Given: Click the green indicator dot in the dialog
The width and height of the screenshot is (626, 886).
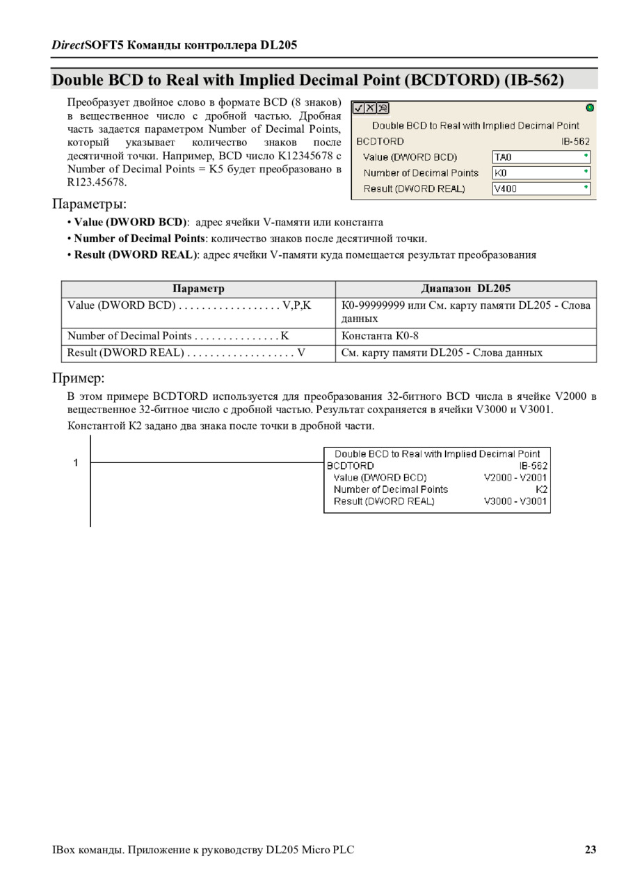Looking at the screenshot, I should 590,108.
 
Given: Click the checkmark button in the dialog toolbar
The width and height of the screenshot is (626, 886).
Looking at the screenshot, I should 358,108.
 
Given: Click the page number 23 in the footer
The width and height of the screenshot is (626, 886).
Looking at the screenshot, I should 591,849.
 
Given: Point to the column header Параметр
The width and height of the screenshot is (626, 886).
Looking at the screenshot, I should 198,289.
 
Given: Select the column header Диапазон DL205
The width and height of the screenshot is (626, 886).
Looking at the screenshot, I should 465,289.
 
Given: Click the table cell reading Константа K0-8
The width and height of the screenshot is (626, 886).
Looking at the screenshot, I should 380,336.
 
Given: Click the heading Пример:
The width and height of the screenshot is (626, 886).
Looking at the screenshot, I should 78,378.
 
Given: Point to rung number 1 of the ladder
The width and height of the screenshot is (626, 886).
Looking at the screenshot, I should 77,463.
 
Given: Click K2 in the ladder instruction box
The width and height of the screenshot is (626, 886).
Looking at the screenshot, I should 541,489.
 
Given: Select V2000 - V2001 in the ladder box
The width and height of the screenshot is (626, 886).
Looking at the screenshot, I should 515,477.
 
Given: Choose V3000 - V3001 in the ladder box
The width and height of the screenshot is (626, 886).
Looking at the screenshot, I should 515,501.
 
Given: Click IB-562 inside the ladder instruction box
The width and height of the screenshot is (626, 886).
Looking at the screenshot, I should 533,465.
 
